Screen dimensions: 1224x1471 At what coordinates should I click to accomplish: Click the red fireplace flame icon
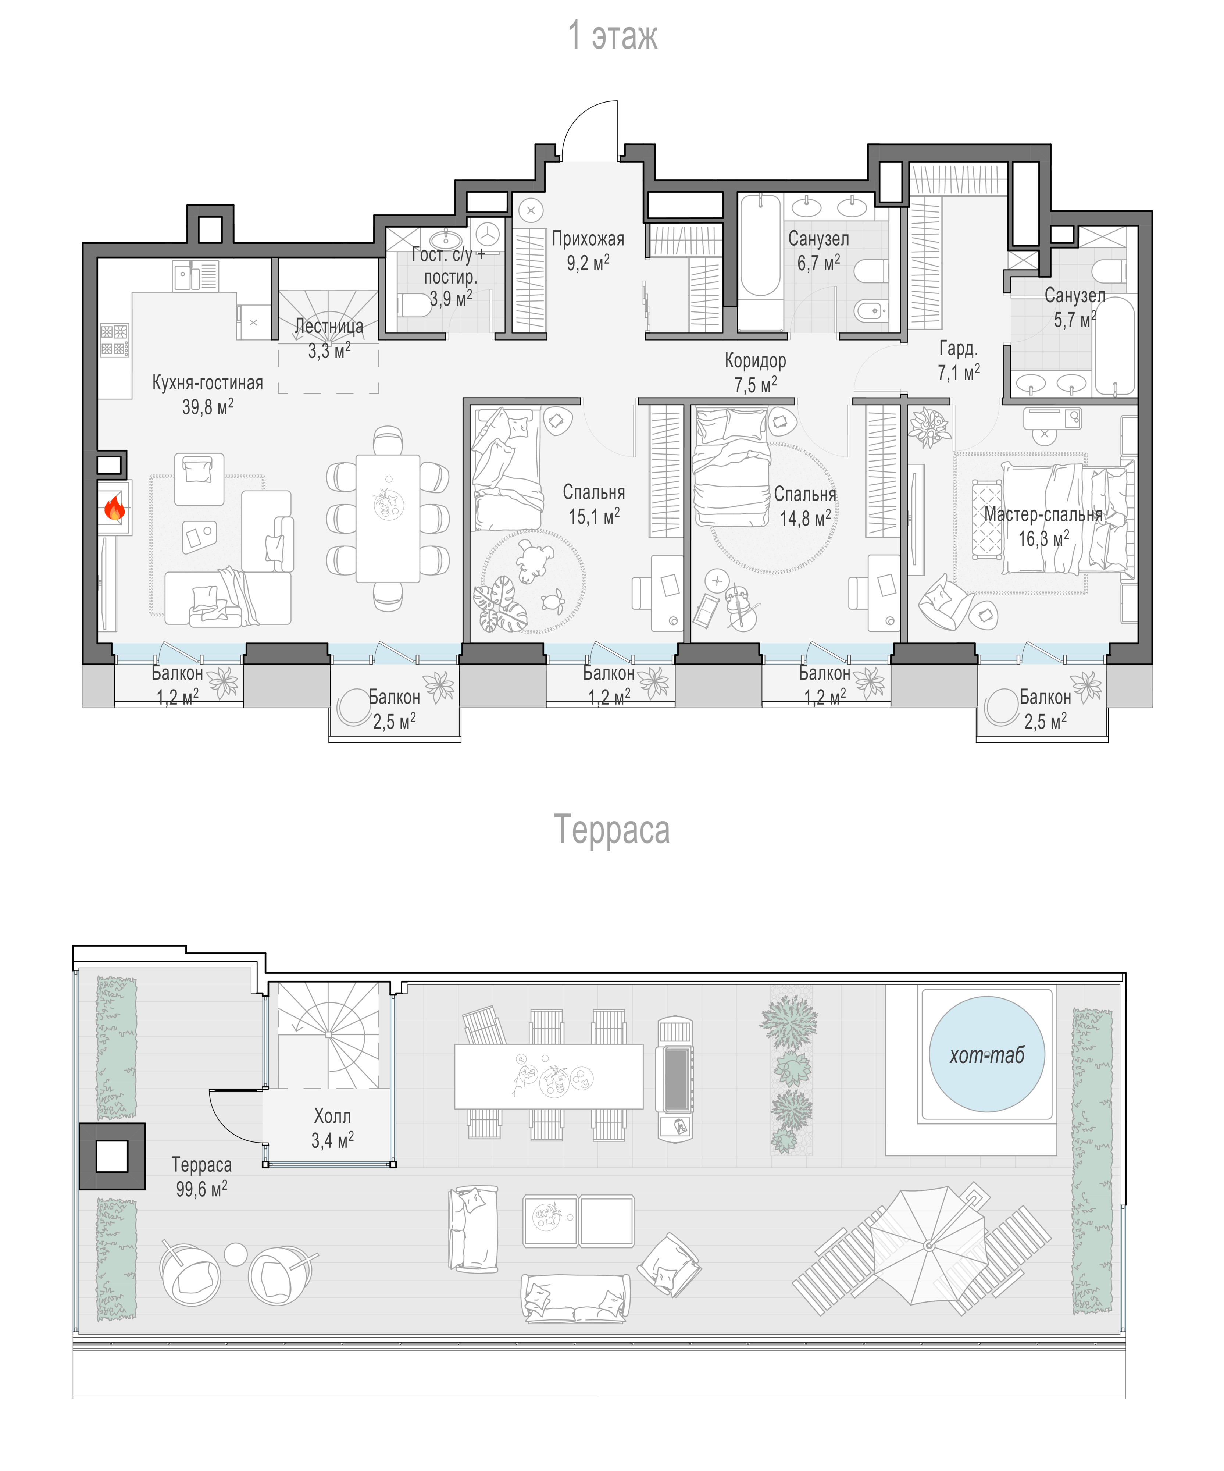[x=114, y=508]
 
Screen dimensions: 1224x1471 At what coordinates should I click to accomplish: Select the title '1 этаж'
[x=613, y=35]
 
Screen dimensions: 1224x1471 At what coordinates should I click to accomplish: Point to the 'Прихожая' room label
[x=588, y=239]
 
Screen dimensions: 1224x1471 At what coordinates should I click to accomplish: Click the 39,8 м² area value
[x=208, y=407]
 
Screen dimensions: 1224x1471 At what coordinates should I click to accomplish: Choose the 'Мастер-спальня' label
[x=1043, y=514]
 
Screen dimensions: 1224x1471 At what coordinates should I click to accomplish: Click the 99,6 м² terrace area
[x=201, y=1189]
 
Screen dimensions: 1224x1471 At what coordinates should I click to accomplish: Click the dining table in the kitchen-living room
[x=388, y=519]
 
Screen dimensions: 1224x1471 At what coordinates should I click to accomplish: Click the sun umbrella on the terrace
[x=928, y=1246]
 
